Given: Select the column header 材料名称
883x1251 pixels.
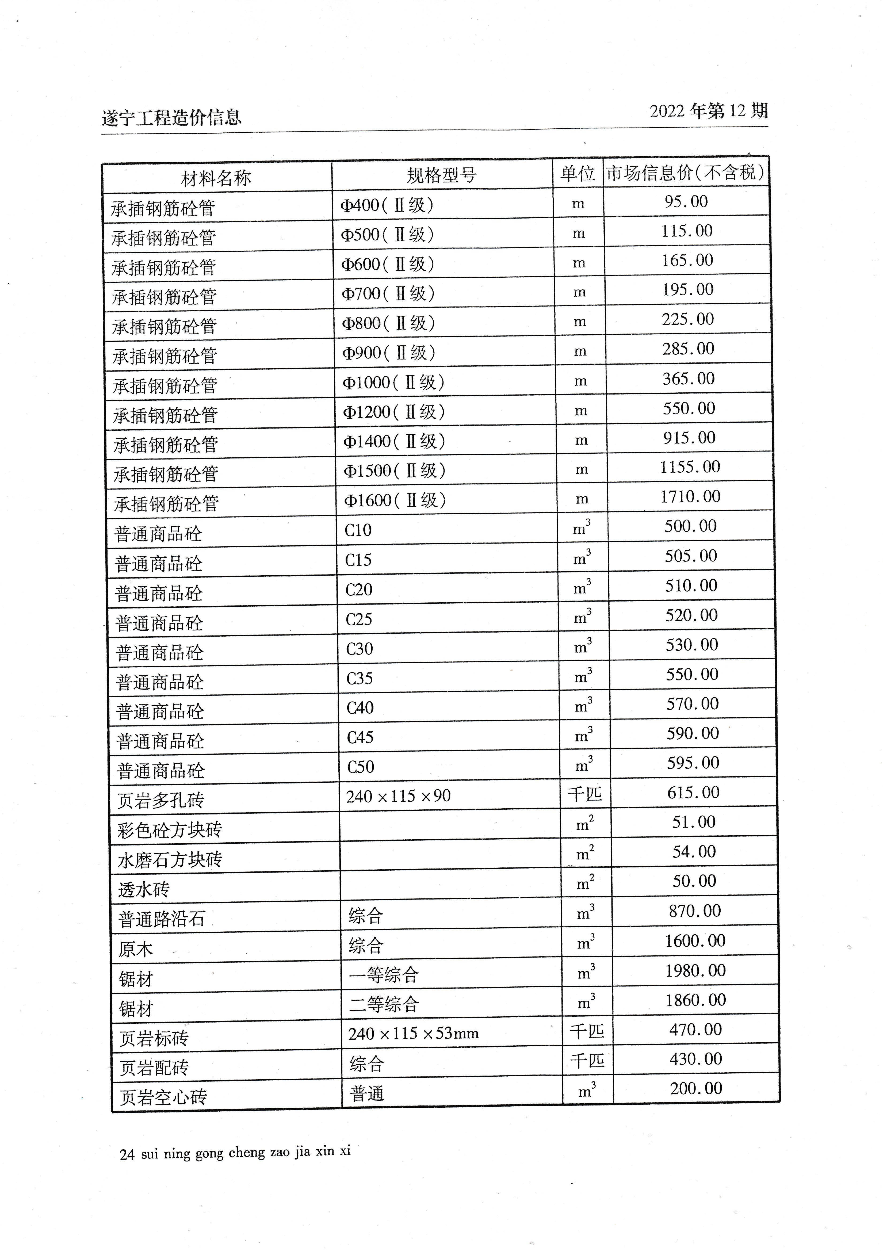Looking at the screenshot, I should tap(216, 178).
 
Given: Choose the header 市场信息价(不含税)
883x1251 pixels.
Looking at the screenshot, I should tap(685, 173).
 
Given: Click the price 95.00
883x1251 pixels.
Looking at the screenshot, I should tap(686, 202).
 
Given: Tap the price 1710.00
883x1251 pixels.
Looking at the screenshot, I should tap(690, 496).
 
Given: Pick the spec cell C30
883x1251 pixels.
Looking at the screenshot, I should tap(360, 649).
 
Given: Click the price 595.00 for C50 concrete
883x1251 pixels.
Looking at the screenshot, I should tap(693, 763).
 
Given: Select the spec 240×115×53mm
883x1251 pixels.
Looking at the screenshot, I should tap(413, 1033).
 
